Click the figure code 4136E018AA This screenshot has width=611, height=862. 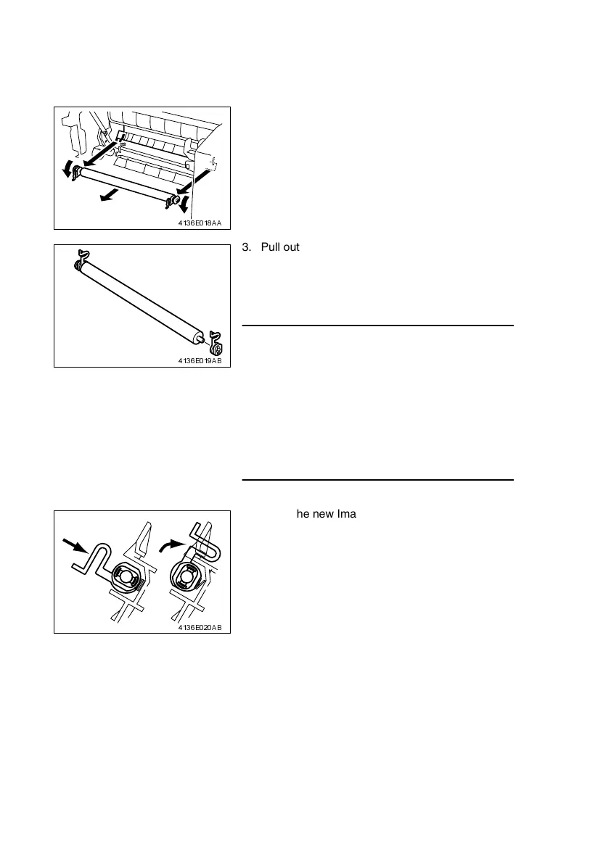[x=200, y=223]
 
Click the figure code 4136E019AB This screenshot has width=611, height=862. [x=200, y=360]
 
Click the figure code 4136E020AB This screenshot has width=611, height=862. [x=200, y=626]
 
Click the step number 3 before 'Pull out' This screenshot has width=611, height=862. [x=244, y=248]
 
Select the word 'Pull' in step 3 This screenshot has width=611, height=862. [x=262, y=248]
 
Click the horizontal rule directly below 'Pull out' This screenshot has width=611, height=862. [x=377, y=326]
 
